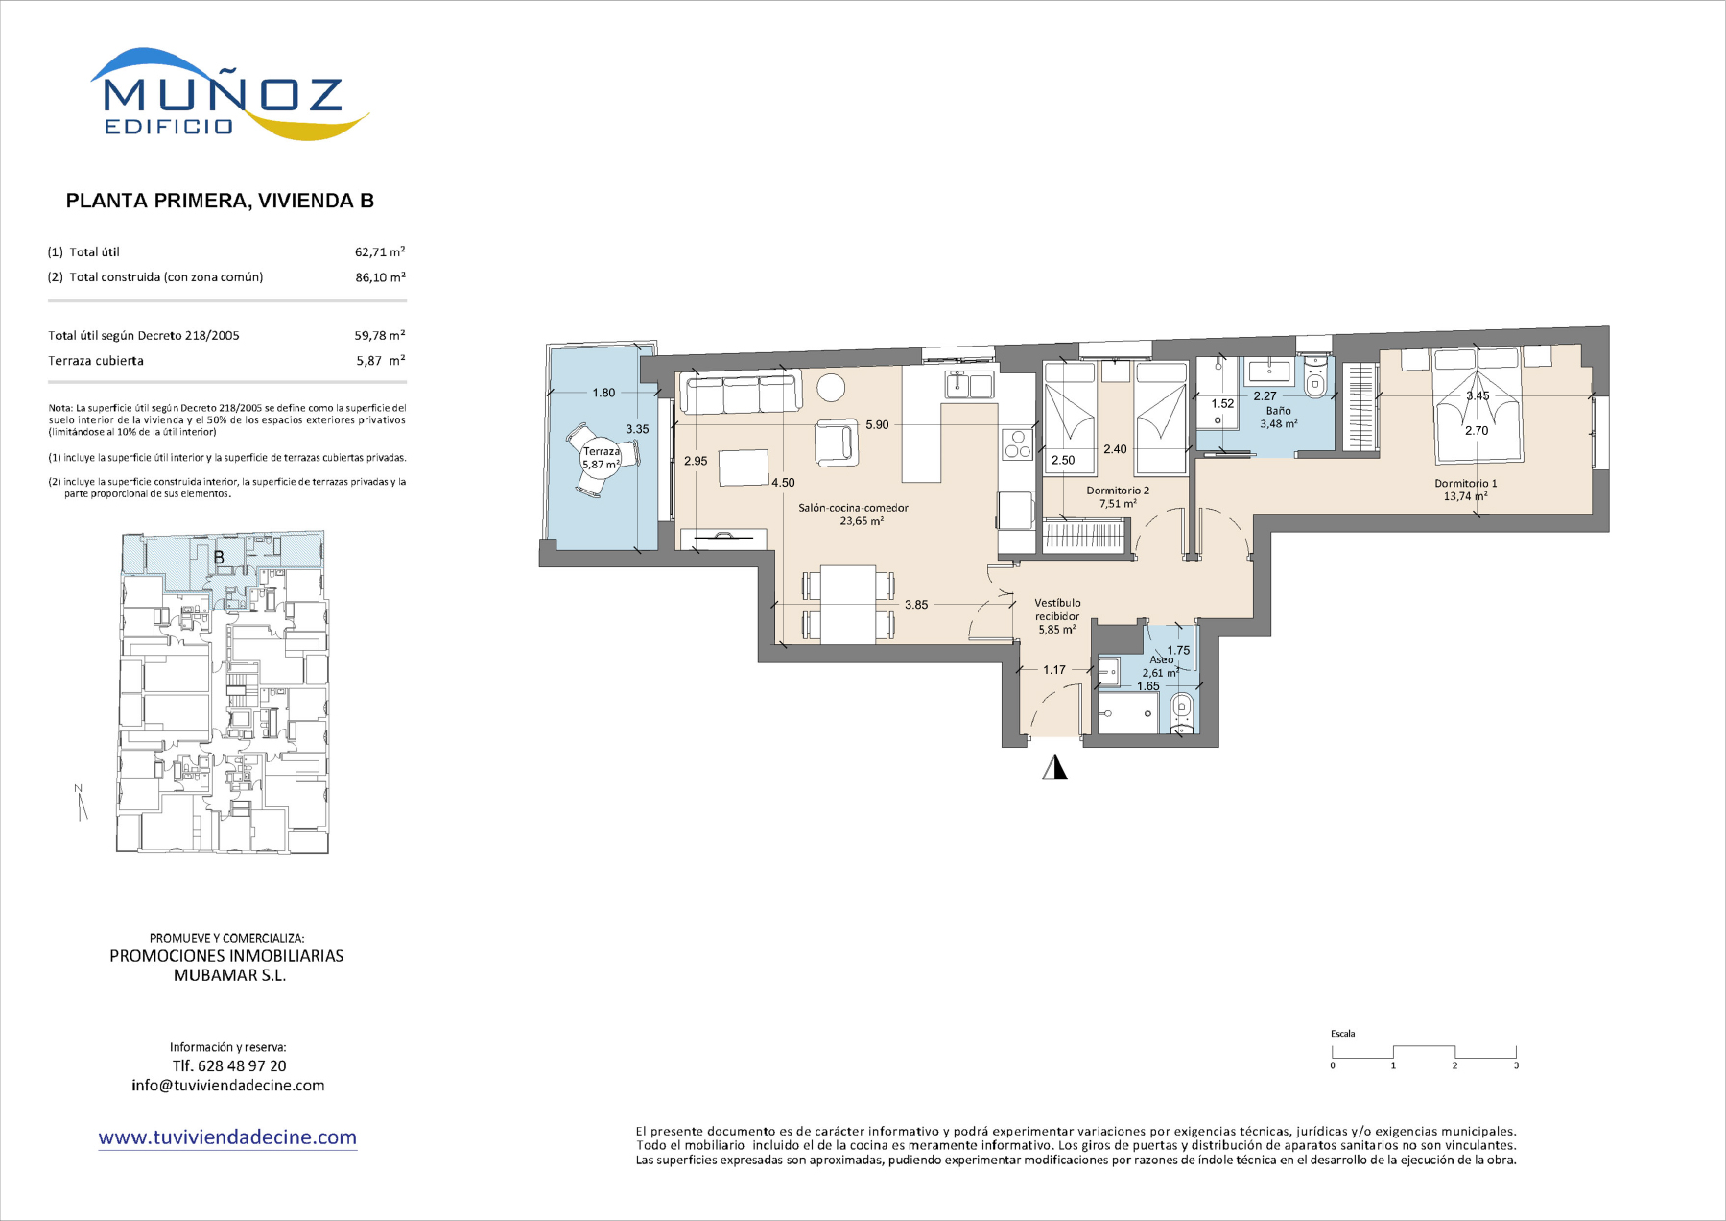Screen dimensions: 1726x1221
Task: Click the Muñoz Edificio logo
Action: [229, 94]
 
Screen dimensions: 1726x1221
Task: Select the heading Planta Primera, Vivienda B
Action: [220, 201]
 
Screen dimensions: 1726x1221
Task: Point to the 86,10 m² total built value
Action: [380, 277]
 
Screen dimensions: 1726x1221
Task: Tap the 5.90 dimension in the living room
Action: [877, 424]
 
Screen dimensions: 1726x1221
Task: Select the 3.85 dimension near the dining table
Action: [916, 605]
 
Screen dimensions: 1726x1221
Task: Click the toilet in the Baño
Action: [1315, 378]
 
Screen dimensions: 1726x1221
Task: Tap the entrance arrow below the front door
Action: [1055, 767]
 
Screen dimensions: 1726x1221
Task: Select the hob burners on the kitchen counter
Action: [1017, 444]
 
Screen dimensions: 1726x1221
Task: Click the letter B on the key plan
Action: [219, 557]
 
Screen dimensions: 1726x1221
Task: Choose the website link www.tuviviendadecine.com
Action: [227, 1137]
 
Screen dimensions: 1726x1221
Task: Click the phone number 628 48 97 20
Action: [242, 1065]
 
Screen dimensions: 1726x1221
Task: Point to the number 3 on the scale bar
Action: [1516, 1065]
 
